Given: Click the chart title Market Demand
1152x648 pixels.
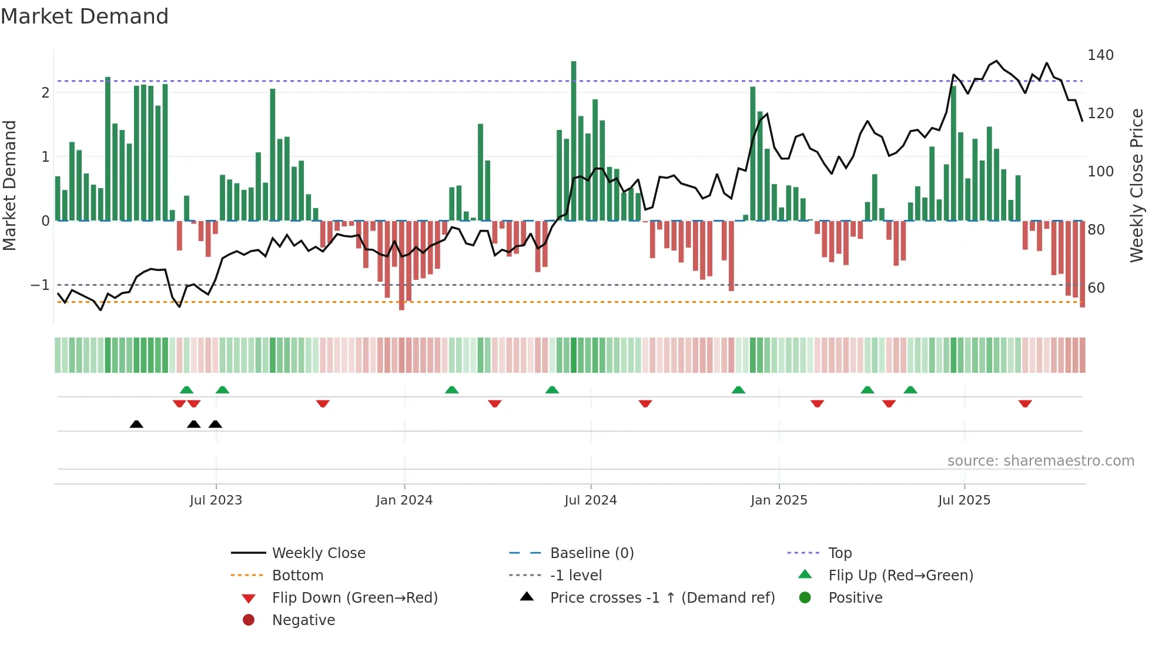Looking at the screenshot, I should [85, 16].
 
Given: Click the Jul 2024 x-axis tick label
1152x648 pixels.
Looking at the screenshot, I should [590, 500].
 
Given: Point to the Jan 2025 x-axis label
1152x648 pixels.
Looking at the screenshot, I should [779, 500].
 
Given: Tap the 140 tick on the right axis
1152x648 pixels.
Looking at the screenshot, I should [1100, 55].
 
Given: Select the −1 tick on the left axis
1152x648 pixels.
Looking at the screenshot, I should [40, 285].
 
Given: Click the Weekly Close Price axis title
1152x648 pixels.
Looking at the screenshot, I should [1137, 185].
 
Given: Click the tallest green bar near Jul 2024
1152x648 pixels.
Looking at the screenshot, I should [574, 141].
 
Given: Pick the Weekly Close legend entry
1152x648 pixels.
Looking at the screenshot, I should [318, 553].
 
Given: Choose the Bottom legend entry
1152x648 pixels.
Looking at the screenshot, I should [297, 576].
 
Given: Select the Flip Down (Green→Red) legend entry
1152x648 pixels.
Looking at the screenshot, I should [354, 598].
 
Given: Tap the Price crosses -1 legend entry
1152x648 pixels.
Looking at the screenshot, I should [662, 598].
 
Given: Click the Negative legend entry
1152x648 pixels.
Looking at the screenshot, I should [303, 620].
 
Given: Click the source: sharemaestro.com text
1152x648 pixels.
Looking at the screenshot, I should [1040, 461].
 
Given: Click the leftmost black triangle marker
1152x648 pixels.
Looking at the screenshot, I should [136, 424].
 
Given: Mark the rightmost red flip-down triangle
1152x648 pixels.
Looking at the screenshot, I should [1025, 403].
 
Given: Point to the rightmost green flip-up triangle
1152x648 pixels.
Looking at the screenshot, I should [910, 390].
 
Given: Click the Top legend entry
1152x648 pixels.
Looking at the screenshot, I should [839, 553].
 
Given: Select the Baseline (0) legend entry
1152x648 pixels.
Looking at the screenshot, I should [591, 553].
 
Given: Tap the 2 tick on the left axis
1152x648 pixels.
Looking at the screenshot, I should [45, 93].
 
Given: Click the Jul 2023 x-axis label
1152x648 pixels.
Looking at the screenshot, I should [216, 500].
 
